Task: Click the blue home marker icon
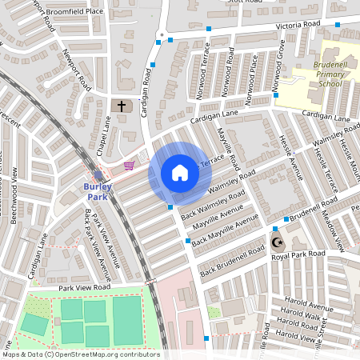tap(180, 173)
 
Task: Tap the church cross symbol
tap(122, 106)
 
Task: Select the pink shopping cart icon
tap(129, 166)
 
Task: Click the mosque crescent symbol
tap(278, 242)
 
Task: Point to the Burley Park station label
tap(98, 191)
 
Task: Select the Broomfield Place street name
tap(76, 12)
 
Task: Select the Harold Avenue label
tap(308, 307)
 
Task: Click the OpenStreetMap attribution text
tap(80, 354)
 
